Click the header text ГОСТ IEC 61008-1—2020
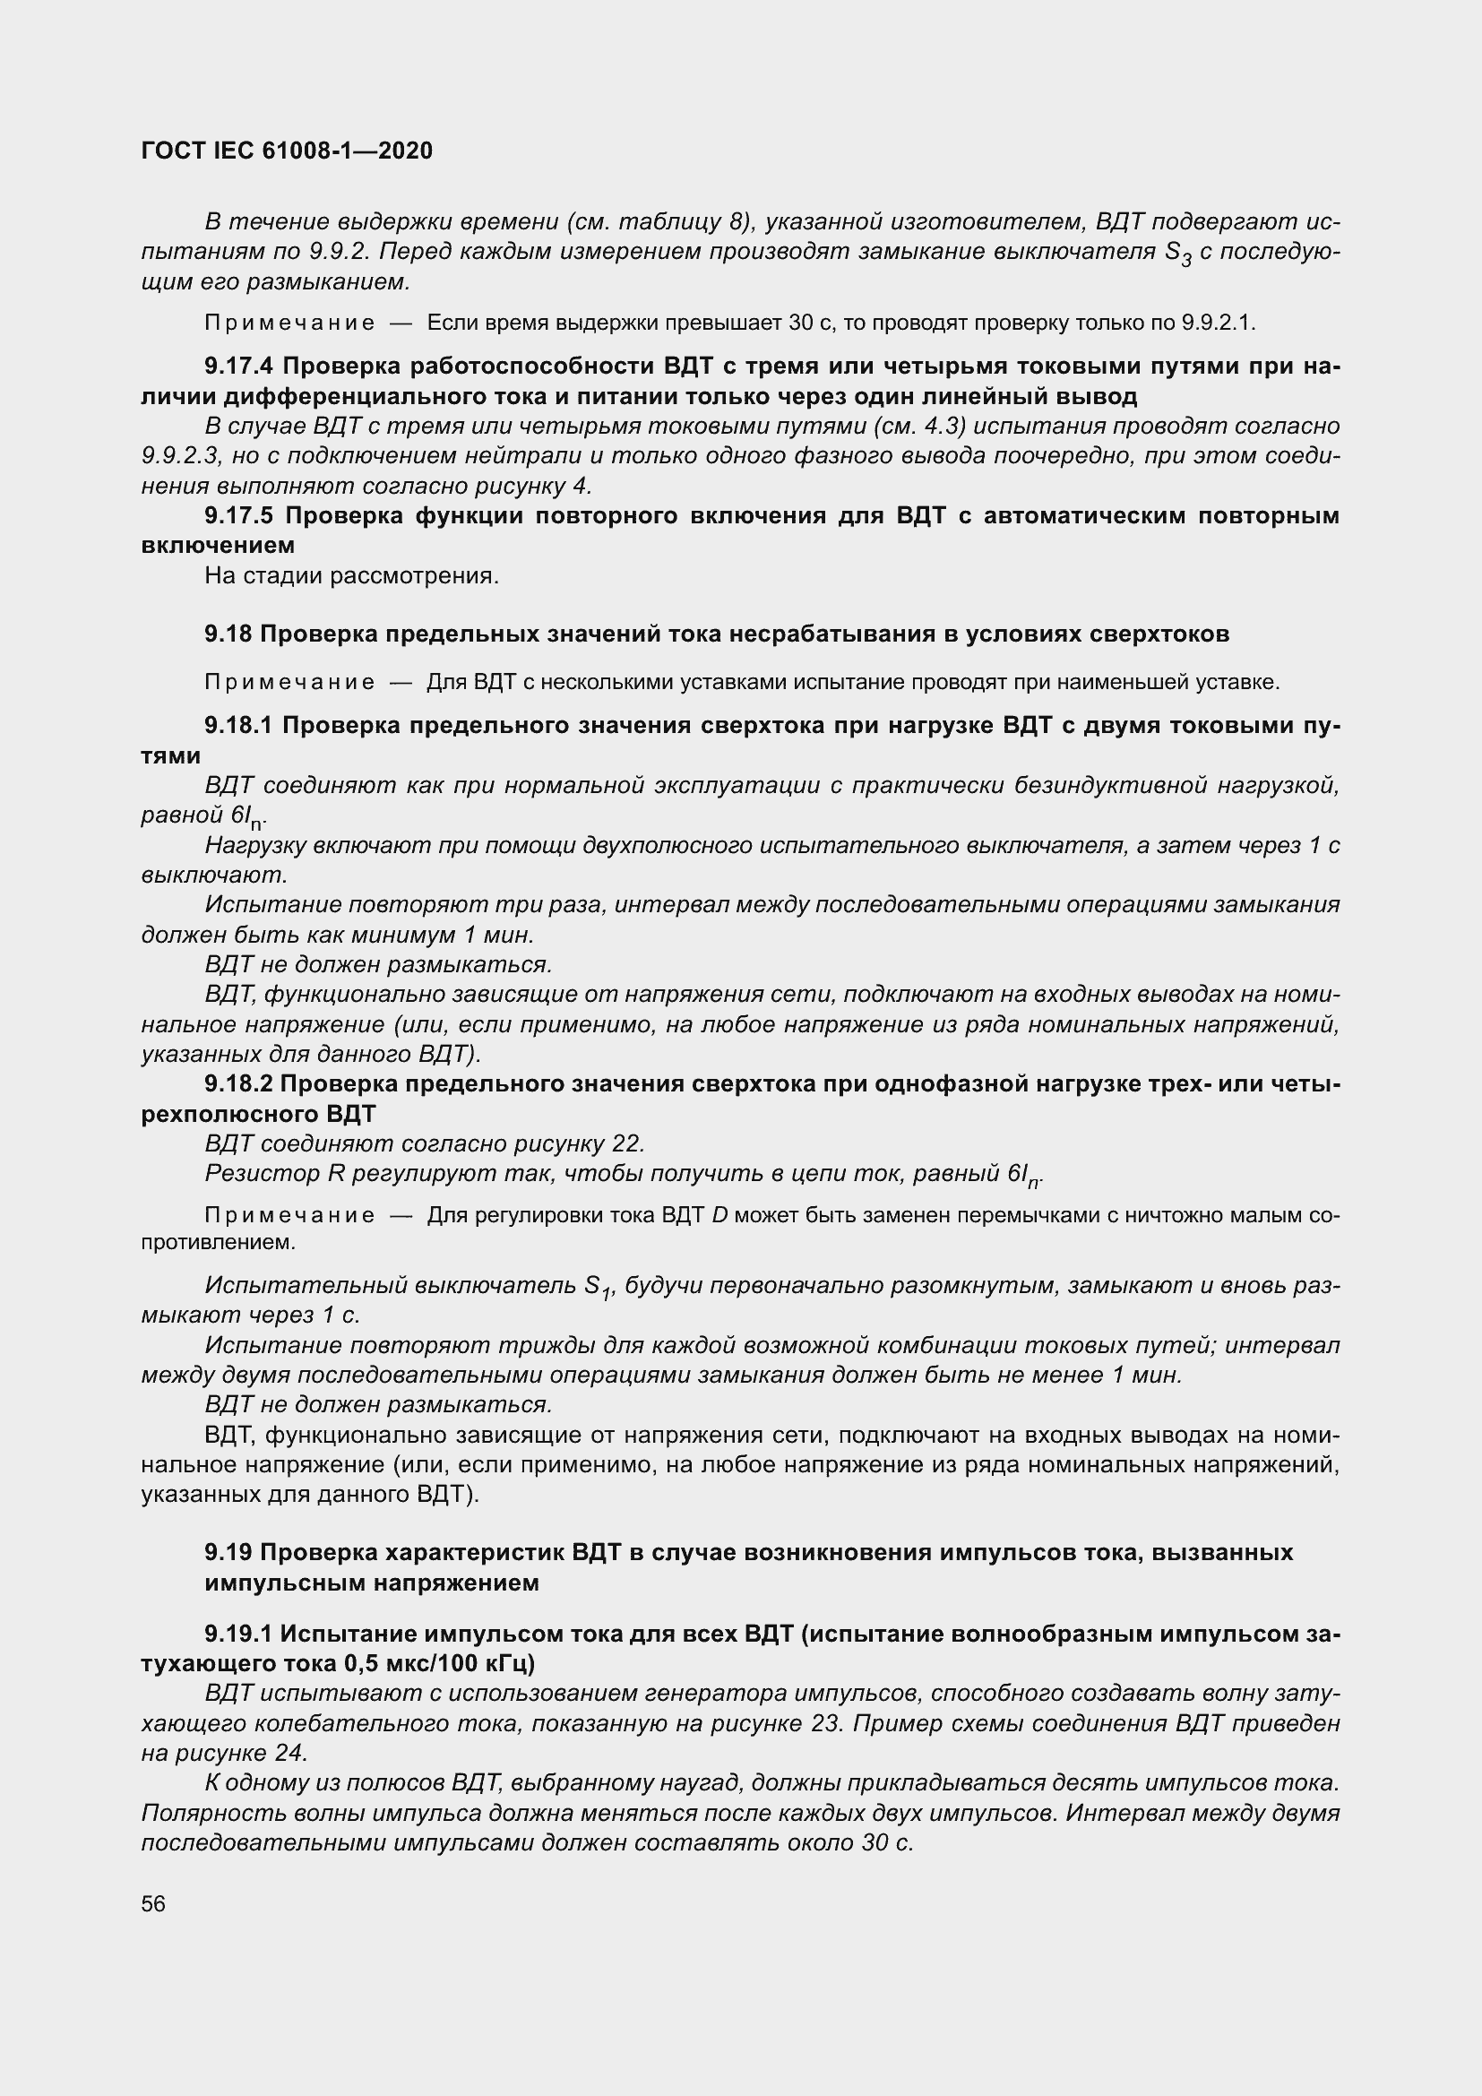pos(287,151)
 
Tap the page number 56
pos(153,1903)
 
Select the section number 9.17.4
pos(238,367)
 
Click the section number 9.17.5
pos(238,516)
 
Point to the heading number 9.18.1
pos(238,726)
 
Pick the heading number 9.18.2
pos(238,1083)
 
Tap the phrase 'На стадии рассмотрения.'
pos(351,576)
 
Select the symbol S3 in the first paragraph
pos(1178,254)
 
